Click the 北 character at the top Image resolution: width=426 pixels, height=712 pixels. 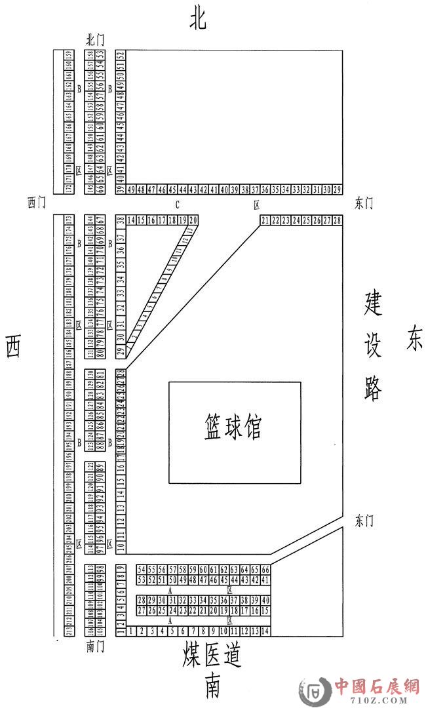click(198, 20)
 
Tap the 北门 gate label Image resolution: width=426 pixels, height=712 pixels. click(95, 41)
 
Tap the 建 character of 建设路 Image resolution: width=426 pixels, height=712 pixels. click(373, 304)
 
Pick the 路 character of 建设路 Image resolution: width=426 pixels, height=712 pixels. click(373, 387)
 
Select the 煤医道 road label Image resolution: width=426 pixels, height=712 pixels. click(212, 656)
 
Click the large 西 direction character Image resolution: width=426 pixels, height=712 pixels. click(13, 346)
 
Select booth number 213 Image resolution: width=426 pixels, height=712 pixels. click(69, 631)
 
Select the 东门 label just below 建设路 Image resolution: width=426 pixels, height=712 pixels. click(364, 521)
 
